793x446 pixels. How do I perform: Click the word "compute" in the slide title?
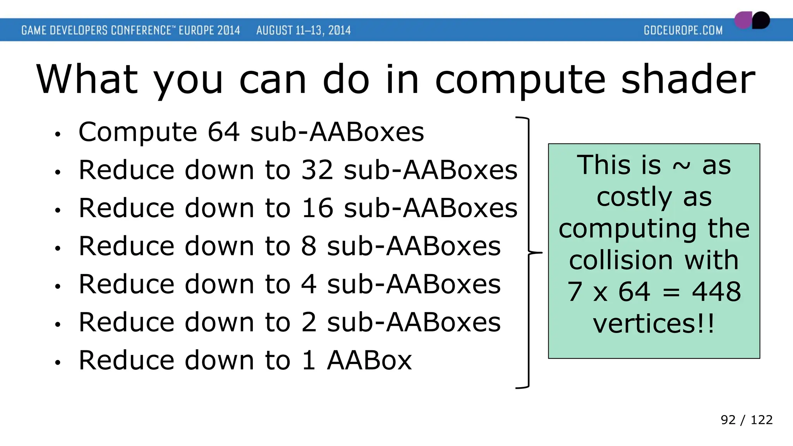pos(520,80)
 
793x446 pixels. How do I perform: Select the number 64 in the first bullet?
pos(223,132)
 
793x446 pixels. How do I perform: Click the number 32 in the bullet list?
pos(317,170)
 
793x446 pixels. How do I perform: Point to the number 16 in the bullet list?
pos(317,208)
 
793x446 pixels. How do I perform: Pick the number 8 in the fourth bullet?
pos(309,246)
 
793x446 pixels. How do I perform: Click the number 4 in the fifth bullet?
pos(309,284)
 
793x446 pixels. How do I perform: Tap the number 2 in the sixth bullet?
pos(309,322)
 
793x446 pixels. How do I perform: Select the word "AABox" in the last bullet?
pos(369,360)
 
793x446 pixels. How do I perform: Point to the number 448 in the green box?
pos(716,292)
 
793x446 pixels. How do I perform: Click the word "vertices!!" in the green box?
pos(654,324)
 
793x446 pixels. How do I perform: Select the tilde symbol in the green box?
pos(681,166)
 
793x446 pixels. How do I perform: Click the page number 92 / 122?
pos(746,420)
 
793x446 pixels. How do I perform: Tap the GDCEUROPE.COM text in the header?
pos(683,30)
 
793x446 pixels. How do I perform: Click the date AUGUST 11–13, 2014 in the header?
pos(303,30)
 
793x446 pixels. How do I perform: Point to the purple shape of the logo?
pos(742,20)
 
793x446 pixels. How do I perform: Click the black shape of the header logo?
pos(761,20)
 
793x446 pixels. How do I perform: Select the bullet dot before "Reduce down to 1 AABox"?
pos(58,362)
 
